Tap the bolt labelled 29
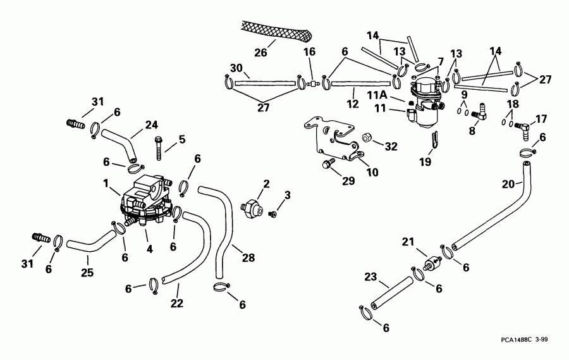(x=327, y=164)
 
